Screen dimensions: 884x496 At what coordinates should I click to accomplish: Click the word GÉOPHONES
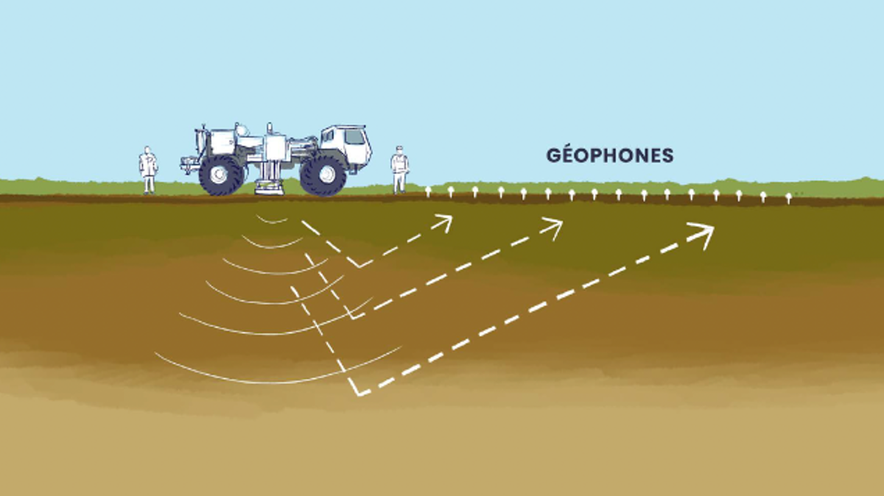(x=610, y=155)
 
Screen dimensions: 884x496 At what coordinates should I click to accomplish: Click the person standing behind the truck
(x=148, y=170)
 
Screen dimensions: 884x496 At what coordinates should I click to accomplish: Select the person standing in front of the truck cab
(x=399, y=169)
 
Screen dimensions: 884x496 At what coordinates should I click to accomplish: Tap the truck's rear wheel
(x=220, y=175)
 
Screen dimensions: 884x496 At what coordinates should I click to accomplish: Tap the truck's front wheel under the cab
(x=323, y=175)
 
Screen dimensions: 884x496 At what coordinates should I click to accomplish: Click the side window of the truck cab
(x=354, y=137)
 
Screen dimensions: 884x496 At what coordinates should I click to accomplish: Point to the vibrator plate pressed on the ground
(x=269, y=187)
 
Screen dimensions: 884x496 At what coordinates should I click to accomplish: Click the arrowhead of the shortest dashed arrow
(x=443, y=223)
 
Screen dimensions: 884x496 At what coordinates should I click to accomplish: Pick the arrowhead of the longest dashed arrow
(x=703, y=234)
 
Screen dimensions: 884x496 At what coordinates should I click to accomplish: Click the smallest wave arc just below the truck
(x=272, y=222)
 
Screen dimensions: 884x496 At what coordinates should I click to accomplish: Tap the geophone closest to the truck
(x=427, y=191)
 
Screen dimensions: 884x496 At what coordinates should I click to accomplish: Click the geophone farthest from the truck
(x=788, y=198)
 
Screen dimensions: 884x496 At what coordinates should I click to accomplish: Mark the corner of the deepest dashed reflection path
(x=358, y=394)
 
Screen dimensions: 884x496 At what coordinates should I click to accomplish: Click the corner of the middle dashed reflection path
(x=353, y=317)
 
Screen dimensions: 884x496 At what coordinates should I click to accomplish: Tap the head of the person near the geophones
(x=399, y=150)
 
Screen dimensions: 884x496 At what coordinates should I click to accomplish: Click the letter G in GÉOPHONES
(x=553, y=155)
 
